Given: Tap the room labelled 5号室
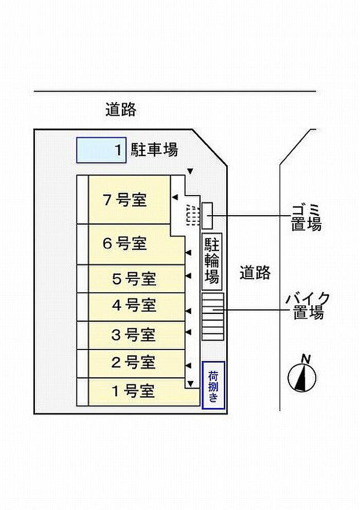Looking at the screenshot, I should [x=135, y=279].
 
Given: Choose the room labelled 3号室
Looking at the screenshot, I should [x=135, y=335].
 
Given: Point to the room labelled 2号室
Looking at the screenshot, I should [x=135, y=363].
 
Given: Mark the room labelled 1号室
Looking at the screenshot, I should [x=135, y=392].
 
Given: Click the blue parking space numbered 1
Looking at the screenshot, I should [x=101, y=150].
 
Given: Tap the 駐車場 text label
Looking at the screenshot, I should [x=154, y=150].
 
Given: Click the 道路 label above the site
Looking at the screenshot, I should [x=121, y=110].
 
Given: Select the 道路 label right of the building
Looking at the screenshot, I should [x=255, y=273].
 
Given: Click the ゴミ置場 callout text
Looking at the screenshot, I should [x=307, y=217].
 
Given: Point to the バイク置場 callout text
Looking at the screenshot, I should [x=308, y=305].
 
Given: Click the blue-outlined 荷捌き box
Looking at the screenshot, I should [x=213, y=385].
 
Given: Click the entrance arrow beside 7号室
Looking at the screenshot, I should [x=175, y=197].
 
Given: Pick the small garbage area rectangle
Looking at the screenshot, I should [x=207, y=216].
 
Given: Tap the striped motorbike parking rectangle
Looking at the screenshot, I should [x=212, y=316].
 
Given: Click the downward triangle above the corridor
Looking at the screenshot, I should [x=190, y=171].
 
